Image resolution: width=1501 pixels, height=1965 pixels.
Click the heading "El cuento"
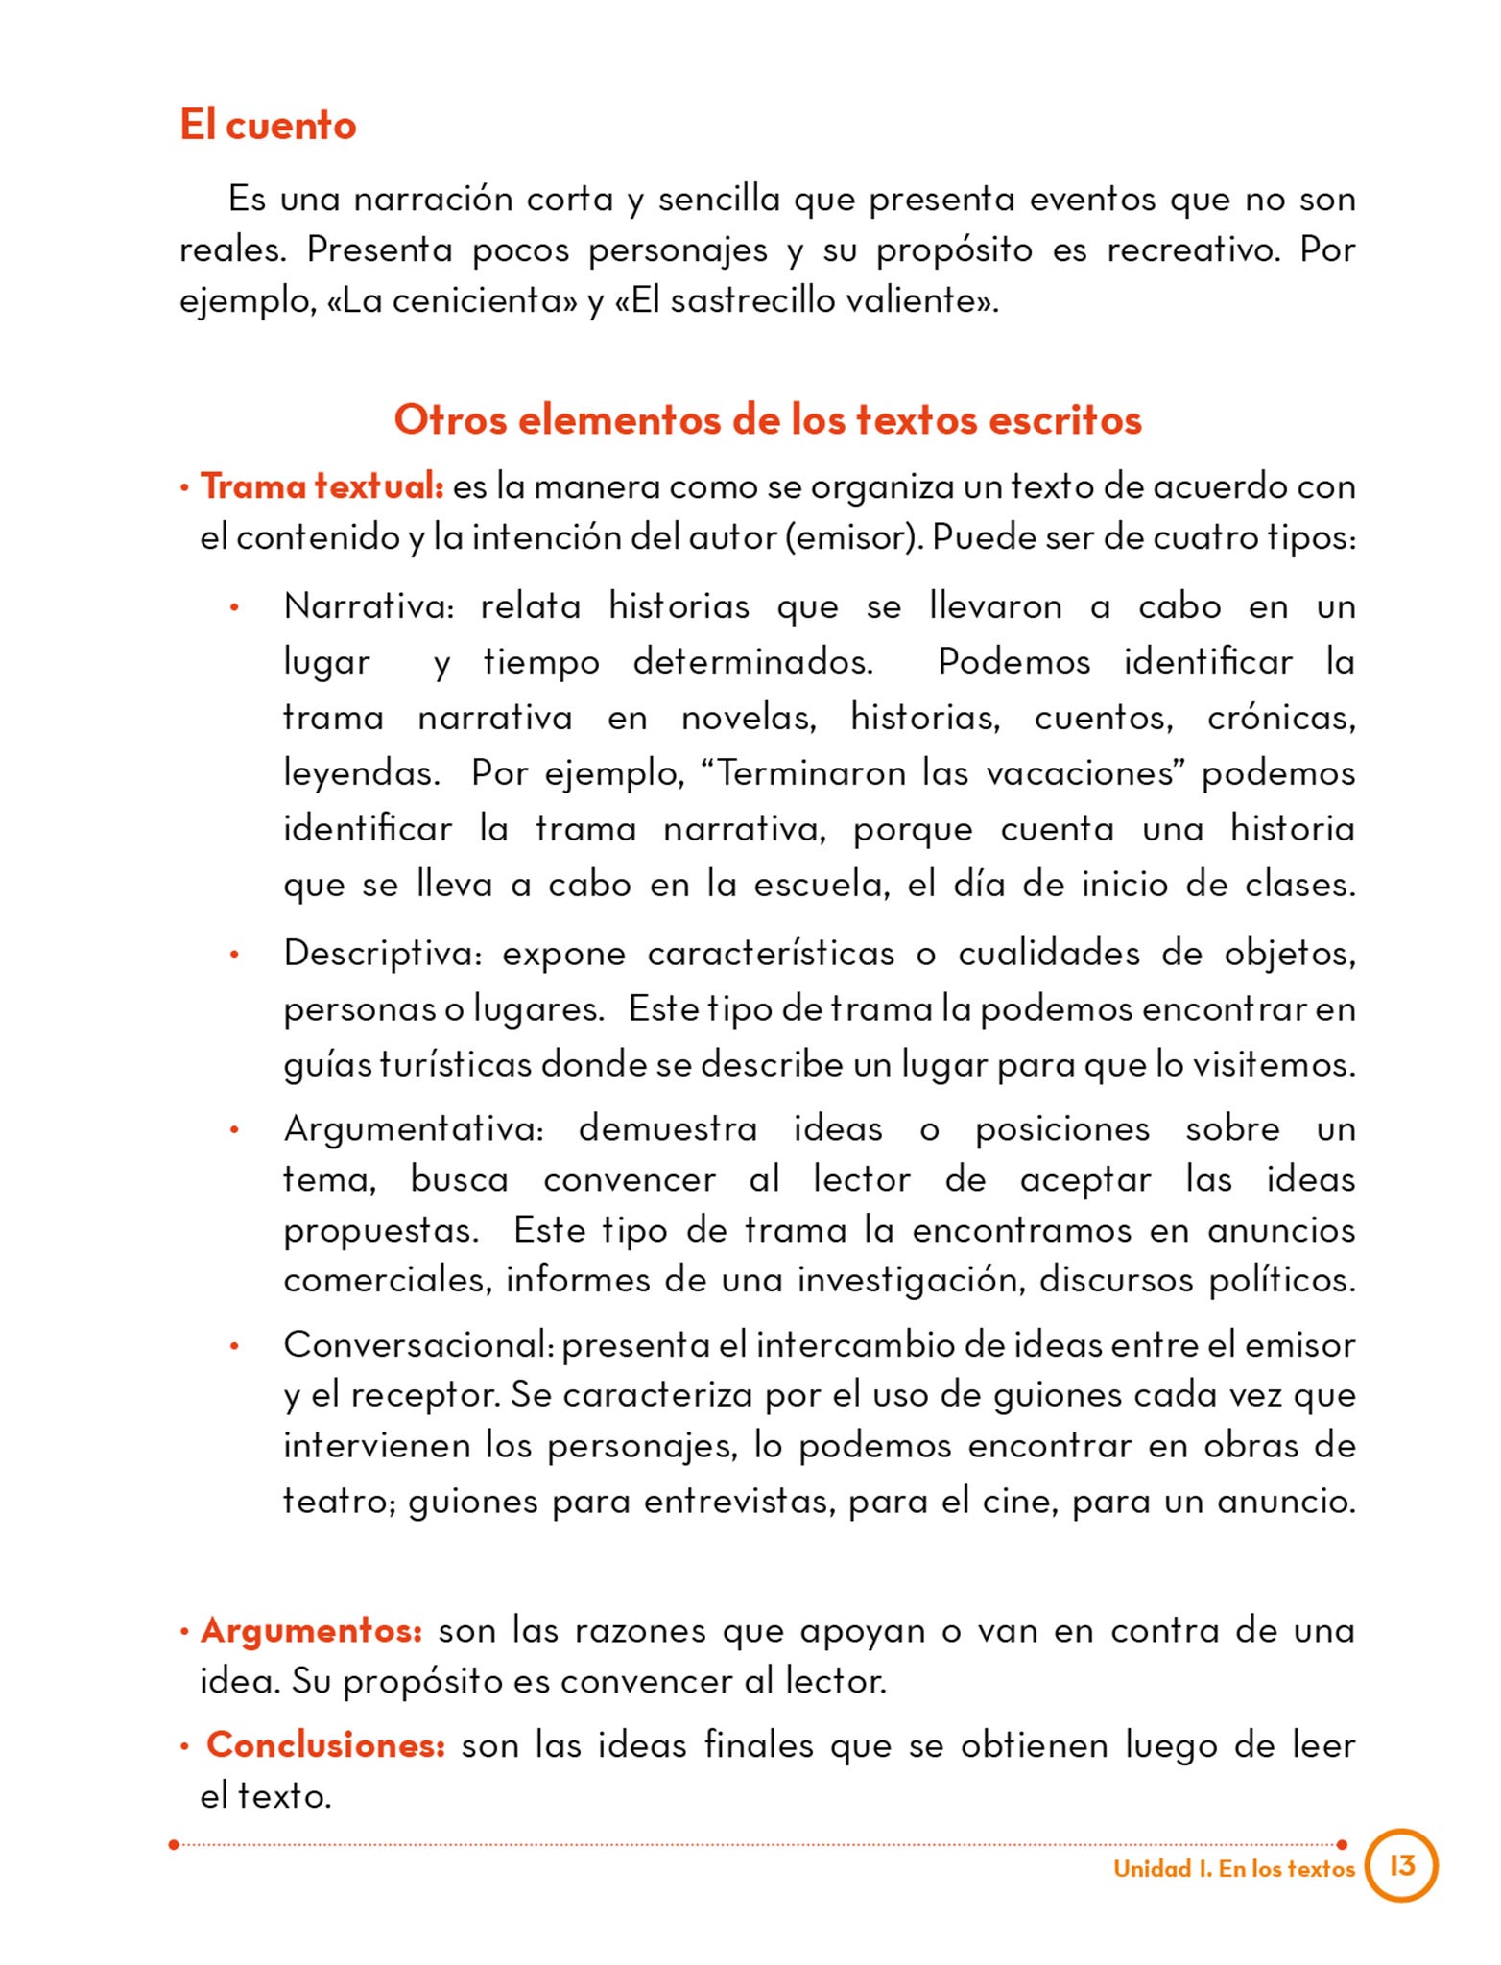(268, 126)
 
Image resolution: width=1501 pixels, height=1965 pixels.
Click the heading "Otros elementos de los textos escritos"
(768, 420)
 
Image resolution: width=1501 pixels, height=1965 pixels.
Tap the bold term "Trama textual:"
(322, 486)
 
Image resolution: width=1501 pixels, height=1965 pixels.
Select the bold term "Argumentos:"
(311, 1630)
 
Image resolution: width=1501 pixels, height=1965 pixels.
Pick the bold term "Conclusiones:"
(325, 1744)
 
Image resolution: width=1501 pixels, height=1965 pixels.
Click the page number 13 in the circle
(1401, 1865)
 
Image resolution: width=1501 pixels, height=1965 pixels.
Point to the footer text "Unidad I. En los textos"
(1233, 1868)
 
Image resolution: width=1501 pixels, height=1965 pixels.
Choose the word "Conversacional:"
(418, 1344)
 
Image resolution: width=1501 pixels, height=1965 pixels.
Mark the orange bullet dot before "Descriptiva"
(234, 955)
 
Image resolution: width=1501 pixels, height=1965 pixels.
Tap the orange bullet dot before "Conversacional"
(234, 1346)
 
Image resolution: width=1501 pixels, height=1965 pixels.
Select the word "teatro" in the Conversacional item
(338, 1501)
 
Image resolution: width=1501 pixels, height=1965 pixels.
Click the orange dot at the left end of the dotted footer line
(174, 1844)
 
